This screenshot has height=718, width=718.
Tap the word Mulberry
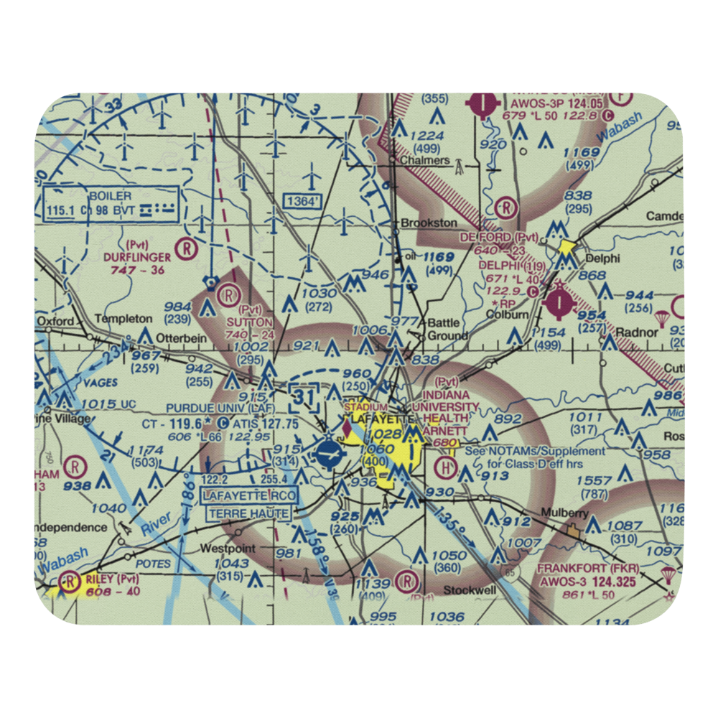coord(565,514)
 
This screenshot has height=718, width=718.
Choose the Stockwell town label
coord(470,590)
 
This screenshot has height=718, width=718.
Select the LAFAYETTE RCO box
coord(248,496)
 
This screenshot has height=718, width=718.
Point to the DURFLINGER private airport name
coord(136,256)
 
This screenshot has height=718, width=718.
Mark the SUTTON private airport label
coord(251,322)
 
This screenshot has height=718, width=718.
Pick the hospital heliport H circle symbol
coord(447,468)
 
